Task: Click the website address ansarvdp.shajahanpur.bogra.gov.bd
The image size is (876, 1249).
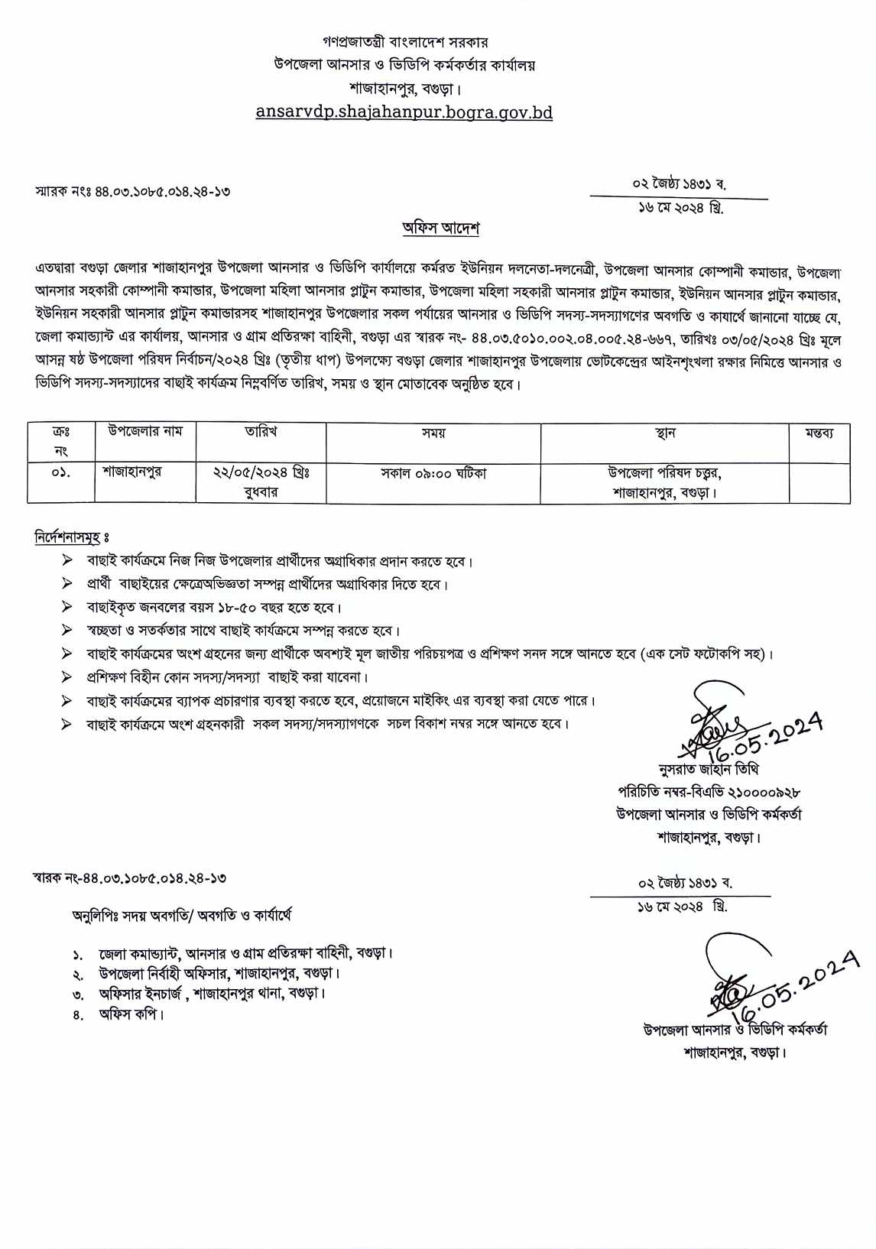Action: [404, 112]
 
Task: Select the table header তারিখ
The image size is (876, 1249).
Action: [261, 432]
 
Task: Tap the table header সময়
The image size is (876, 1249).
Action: [433, 433]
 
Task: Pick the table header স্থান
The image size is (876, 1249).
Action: [665, 433]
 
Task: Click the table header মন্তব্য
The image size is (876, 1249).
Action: [819, 433]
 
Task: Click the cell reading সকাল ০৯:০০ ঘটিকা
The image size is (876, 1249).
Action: [433, 473]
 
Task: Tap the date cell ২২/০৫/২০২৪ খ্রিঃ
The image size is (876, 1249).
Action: [261, 473]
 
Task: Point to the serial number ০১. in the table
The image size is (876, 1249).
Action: [61, 473]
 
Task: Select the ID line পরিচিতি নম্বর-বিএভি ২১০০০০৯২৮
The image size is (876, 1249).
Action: [709, 793]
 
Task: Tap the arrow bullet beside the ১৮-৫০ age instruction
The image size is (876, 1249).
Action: [67, 608]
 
